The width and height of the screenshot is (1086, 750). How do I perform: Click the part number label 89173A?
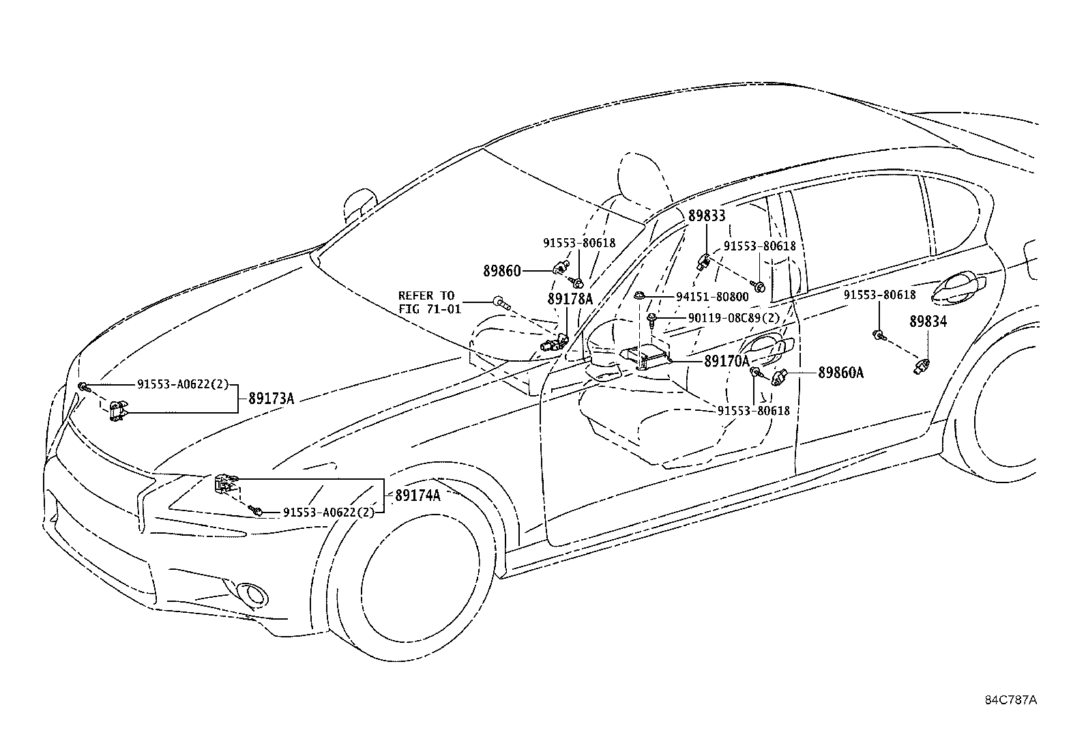pos(271,399)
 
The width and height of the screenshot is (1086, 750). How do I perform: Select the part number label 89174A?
pos(417,495)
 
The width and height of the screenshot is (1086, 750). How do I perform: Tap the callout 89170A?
pos(727,361)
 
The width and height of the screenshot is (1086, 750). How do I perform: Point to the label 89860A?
pos(840,373)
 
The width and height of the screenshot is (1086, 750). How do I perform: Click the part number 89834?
pos(928,321)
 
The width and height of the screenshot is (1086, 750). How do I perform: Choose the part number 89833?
pos(707,216)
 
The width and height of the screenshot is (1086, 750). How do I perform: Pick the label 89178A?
pos(570,299)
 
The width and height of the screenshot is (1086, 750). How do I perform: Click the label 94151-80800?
pos(712,296)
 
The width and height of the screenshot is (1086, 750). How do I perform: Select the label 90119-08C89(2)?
pos(733,318)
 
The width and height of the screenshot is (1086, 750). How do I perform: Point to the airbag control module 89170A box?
pos(645,359)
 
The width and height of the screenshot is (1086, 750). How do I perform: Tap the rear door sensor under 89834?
pos(922,366)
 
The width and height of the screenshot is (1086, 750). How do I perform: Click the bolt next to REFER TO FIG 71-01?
pos(501,303)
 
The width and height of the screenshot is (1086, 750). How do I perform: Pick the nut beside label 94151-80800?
pos(639,295)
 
